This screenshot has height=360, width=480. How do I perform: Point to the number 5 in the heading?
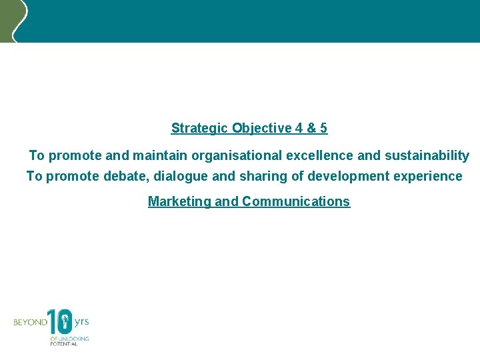323,128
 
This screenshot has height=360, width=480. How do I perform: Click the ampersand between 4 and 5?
311,128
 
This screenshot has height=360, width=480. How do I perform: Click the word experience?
431,176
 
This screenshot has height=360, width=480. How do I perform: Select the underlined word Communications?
295,201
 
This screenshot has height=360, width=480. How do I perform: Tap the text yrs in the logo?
81,321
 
